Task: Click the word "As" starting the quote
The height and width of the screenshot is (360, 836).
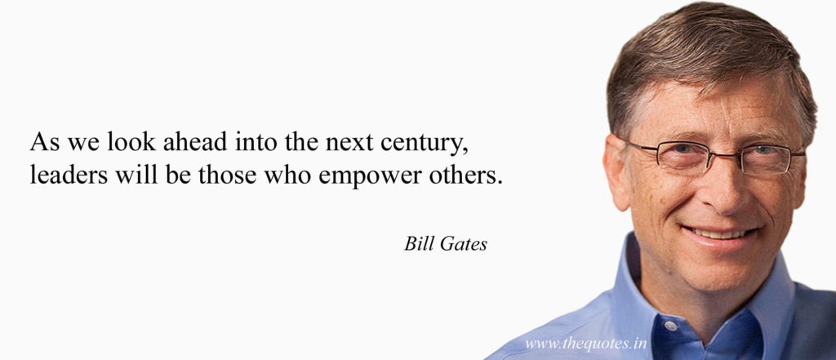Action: (x=45, y=142)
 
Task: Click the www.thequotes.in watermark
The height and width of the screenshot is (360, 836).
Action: (x=586, y=344)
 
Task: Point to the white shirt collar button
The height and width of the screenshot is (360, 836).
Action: (x=670, y=326)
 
